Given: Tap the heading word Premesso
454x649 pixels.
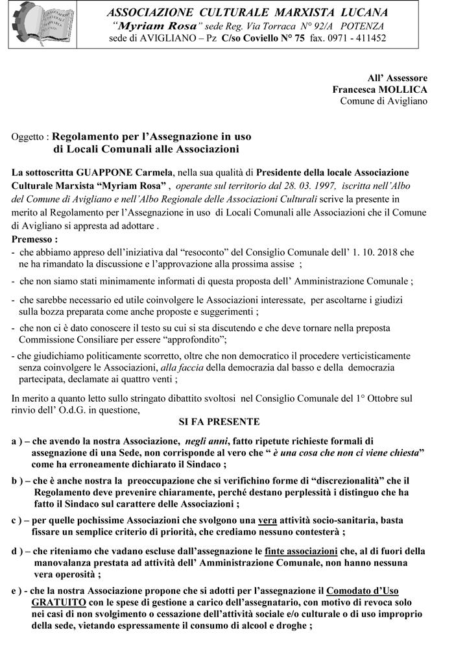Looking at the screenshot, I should pyautogui.click(x=34, y=239).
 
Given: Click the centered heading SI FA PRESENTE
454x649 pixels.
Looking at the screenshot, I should pyautogui.click(x=219, y=421).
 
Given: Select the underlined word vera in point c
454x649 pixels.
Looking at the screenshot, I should pyautogui.click(x=267, y=520).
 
